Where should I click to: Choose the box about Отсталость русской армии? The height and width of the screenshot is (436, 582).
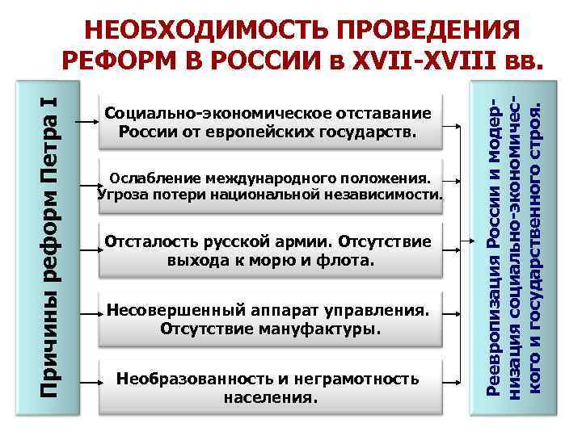click(270, 251)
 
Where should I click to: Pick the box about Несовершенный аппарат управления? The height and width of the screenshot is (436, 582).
click(270, 320)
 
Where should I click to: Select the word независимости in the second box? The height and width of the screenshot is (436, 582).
click(381, 195)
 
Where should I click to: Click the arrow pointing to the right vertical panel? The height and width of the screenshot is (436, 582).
click(470, 241)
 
